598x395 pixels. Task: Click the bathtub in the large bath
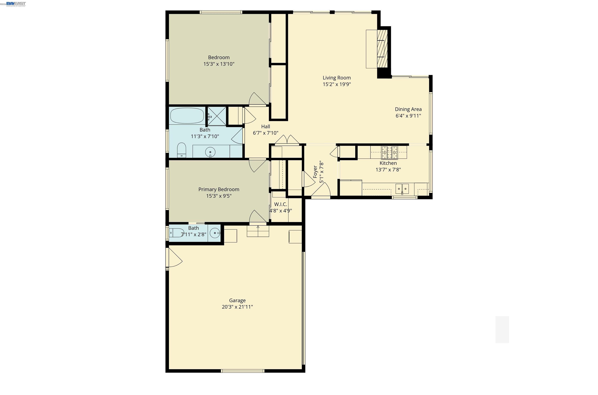(x=187, y=116)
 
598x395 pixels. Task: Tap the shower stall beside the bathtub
(x=217, y=116)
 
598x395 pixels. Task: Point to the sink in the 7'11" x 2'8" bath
(x=215, y=233)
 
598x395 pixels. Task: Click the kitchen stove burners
(x=389, y=152)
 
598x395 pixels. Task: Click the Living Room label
(x=336, y=78)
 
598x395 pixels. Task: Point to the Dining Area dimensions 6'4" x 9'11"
(x=408, y=116)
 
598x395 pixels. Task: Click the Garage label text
(x=237, y=300)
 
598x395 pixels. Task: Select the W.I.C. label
(x=281, y=204)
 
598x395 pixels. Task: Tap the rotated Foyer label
(x=315, y=172)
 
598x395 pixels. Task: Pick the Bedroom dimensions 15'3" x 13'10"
(x=219, y=64)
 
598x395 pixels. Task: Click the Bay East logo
(x=16, y=4)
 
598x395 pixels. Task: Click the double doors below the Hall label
(x=287, y=140)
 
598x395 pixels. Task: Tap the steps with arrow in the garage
(x=258, y=231)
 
